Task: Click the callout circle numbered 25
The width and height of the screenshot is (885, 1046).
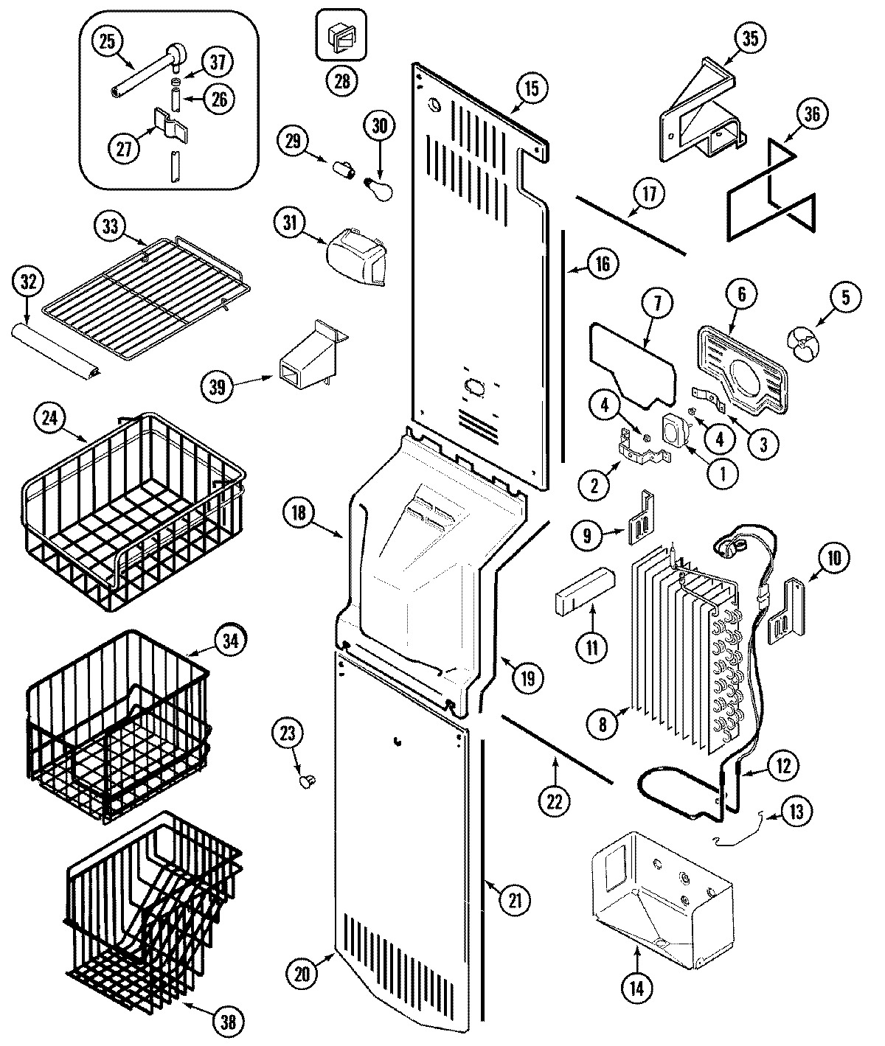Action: pyautogui.click(x=108, y=42)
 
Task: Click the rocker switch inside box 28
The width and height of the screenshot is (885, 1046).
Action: pyautogui.click(x=341, y=36)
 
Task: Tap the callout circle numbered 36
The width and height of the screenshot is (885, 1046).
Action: pyautogui.click(x=811, y=115)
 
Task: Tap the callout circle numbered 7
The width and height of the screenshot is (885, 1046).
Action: pyautogui.click(x=658, y=301)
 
